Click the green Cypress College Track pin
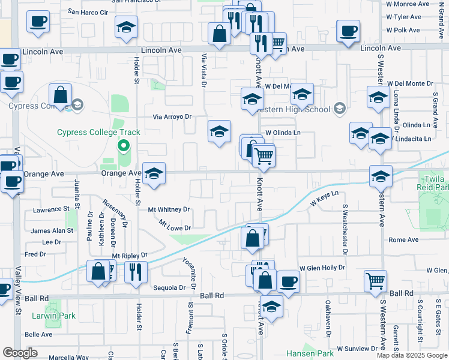[124, 145]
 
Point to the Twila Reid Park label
[433, 183]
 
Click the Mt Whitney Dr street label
[169, 209]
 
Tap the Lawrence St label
[51, 209]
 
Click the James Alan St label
[52, 230]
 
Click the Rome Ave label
[403, 239]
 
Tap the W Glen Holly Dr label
[323, 268]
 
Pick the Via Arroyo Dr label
[172, 117]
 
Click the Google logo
[20, 353]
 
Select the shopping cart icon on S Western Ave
[375, 280]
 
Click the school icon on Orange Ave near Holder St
[154, 175]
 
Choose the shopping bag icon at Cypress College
[61, 95]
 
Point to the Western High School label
[292, 109]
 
